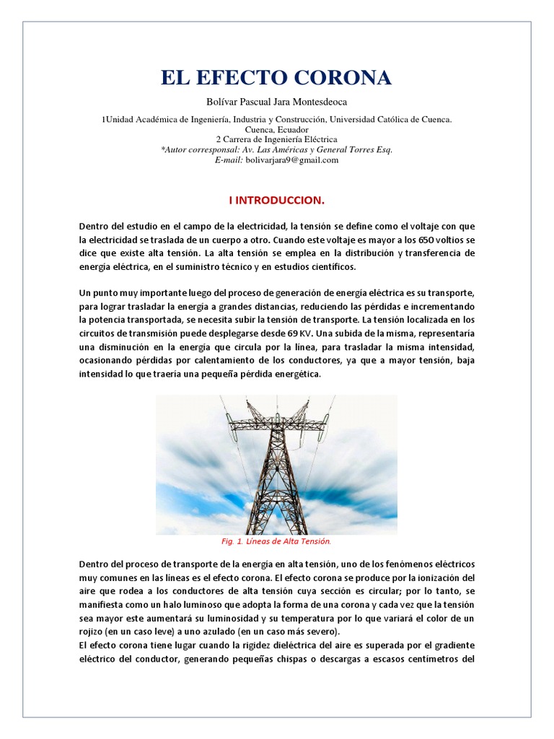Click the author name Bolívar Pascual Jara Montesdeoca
coord(277,102)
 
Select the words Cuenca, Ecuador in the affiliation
coord(277,129)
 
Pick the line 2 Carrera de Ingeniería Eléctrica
coord(277,139)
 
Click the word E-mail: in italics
coord(229,160)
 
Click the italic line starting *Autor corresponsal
coord(277,149)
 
